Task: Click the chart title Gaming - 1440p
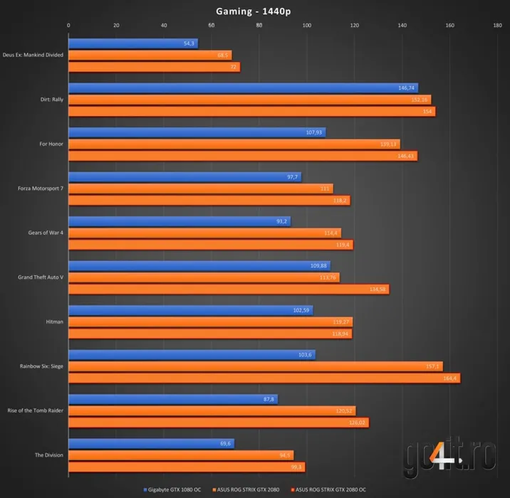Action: coord(255,11)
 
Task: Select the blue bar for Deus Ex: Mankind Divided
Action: coord(132,43)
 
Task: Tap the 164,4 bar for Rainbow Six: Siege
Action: coord(264,378)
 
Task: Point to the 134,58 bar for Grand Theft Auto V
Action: coord(228,289)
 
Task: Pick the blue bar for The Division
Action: coord(151,443)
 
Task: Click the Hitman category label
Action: coord(54,322)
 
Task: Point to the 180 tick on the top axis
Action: coord(497,26)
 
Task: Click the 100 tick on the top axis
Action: coord(306,26)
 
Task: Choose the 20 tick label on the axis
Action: coord(116,26)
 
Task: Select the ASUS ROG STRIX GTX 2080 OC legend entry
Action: coord(329,489)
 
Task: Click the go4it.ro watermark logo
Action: coord(447,457)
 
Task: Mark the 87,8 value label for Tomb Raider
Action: coord(269,399)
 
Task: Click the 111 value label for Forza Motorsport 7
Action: coord(325,189)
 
